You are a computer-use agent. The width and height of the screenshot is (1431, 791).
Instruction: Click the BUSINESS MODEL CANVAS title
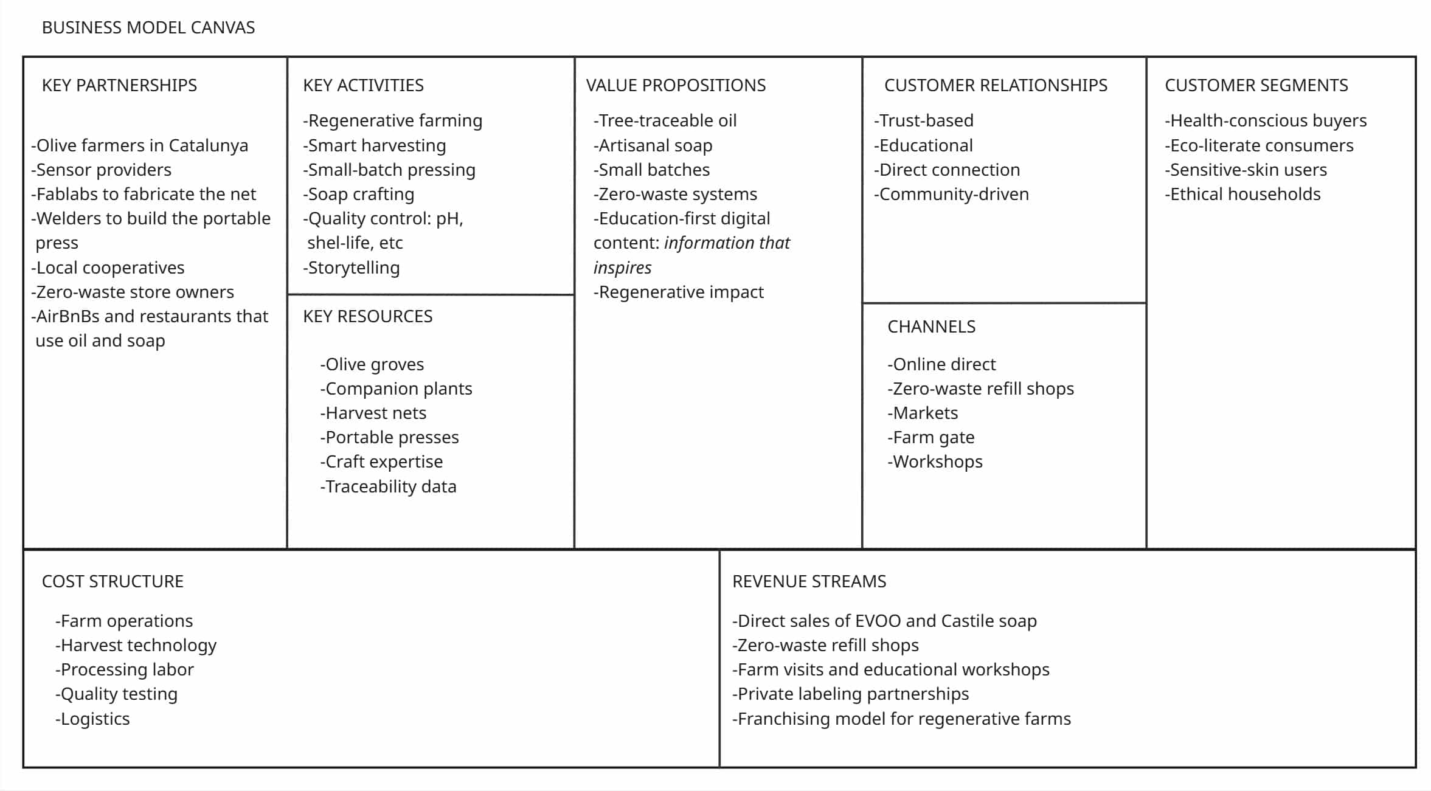pyautogui.click(x=148, y=28)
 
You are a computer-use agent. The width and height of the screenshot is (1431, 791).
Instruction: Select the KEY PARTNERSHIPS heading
pyautogui.click(x=119, y=85)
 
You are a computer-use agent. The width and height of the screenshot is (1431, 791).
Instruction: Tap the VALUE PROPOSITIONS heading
pyautogui.click(x=676, y=85)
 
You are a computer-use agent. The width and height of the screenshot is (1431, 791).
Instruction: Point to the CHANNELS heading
pyautogui.click(x=931, y=327)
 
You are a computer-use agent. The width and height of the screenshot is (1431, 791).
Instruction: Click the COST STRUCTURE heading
pyautogui.click(x=113, y=582)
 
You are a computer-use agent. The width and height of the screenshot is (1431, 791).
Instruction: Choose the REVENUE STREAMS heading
pyautogui.click(x=809, y=582)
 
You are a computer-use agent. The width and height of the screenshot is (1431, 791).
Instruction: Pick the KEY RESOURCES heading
pyautogui.click(x=367, y=316)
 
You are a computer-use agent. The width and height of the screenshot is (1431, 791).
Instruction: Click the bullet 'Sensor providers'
pyautogui.click(x=102, y=170)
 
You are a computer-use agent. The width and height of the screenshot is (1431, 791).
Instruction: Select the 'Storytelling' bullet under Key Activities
pyautogui.click(x=352, y=268)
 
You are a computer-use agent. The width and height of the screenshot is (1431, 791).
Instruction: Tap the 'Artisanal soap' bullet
pyautogui.click(x=653, y=145)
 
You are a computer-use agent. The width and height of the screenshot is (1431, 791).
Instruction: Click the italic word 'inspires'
pyautogui.click(x=622, y=268)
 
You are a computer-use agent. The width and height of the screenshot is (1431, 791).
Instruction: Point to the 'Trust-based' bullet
pyautogui.click(x=924, y=120)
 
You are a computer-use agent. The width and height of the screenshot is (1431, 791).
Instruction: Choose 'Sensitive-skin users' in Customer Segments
pyautogui.click(x=1246, y=170)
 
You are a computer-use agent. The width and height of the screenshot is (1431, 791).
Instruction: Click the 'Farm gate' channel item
pyautogui.click(x=931, y=437)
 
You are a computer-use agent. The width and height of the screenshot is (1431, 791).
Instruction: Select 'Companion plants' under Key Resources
pyautogui.click(x=397, y=389)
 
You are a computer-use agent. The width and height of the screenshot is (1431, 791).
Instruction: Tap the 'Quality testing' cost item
pyautogui.click(x=117, y=694)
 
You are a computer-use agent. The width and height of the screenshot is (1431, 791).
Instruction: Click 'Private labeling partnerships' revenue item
pyautogui.click(x=850, y=694)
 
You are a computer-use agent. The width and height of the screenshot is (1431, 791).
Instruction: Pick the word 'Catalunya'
pyautogui.click(x=208, y=145)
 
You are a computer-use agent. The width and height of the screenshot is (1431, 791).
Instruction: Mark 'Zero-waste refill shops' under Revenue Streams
pyautogui.click(x=825, y=645)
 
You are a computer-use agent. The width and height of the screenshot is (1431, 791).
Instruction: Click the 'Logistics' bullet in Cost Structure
pyautogui.click(x=93, y=719)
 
